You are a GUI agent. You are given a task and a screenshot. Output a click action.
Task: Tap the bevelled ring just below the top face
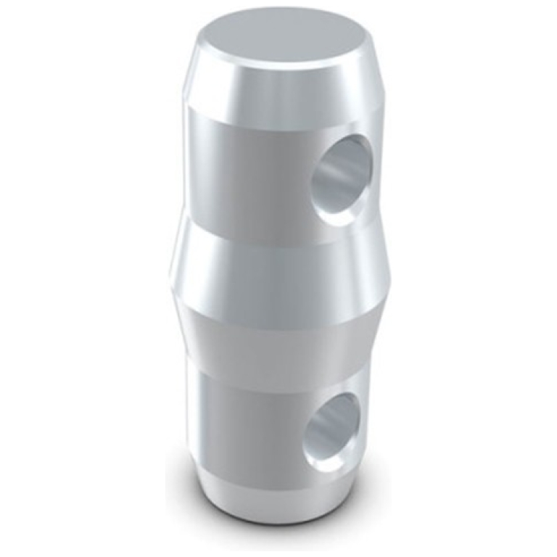click(x=276, y=87)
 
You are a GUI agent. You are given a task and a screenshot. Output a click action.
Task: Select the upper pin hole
click(x=341, y=174)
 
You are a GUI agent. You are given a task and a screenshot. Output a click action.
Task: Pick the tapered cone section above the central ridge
click(x=276, y=232)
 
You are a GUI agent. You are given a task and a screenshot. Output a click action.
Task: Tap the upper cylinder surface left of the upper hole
click(x=239, y=167)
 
